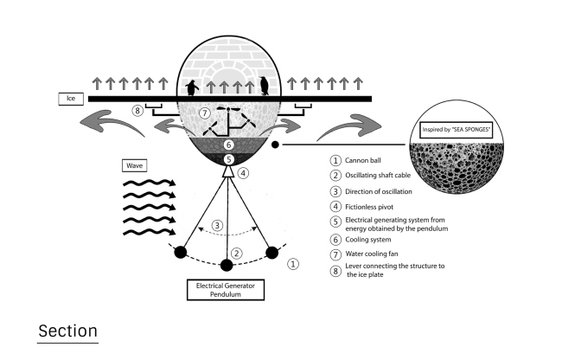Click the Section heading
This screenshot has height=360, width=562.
(x=69, y=332)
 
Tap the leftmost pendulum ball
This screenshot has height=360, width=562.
(x=181, y=253)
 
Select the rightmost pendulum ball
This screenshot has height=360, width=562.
(x=272, y=252)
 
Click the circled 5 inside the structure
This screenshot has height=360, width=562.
(x=228, y=159)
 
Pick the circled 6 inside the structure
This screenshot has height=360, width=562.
(x=228, y=145)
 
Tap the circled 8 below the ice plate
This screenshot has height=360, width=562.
(x=137, y=111)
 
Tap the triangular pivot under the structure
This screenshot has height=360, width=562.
(x=228, y=172)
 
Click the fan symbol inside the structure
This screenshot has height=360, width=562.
(x=227, y=114)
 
